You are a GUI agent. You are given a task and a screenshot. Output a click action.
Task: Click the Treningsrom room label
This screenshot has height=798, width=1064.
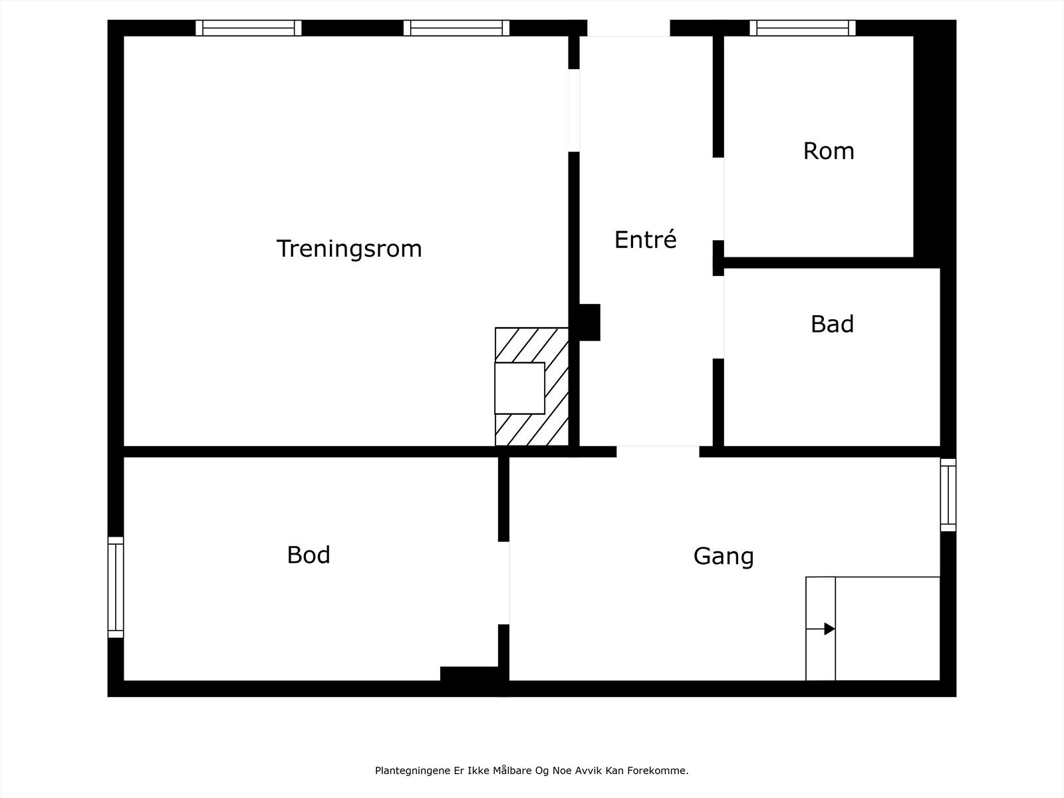(x=349, y=249)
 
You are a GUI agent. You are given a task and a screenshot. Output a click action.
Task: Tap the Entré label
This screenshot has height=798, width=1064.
(x=645, y=239)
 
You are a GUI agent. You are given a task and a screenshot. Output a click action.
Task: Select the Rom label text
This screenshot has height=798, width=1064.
(x=828, y=151)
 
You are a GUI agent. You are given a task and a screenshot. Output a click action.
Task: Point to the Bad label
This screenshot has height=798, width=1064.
(x=831, y=324)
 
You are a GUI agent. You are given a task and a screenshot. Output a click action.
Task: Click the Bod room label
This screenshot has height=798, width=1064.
(x=309, y=555)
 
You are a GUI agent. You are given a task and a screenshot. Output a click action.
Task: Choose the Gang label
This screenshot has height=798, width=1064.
(x=724, y=556)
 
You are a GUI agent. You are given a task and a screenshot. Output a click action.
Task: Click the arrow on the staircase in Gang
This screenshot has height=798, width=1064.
(x=829, y=628)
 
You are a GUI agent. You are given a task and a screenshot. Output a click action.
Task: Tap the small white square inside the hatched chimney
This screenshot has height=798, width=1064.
(x=519, y=388)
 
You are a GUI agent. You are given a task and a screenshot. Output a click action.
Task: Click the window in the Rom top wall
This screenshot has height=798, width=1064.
(x=803, y=28)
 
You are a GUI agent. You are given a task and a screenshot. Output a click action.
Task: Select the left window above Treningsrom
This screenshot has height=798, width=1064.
(x=249, y=28)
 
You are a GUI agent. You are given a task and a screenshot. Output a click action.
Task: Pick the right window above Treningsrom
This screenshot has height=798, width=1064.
(x=456, y=28)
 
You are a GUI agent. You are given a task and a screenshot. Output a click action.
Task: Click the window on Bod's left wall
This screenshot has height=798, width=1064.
(x=116, y=587)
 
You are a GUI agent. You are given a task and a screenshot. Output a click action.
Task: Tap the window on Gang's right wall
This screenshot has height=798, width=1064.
(x=948, y=495)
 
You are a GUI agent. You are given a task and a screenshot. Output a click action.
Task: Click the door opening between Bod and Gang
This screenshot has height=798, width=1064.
(x=504, y=583)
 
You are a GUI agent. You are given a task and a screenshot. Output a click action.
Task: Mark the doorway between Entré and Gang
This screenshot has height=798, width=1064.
(x=658, y=451)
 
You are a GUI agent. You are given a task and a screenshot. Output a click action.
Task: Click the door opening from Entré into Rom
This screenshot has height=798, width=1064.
(x=718, y=199)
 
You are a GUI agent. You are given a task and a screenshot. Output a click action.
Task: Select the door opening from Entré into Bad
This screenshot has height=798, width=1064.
(x=718, y=317)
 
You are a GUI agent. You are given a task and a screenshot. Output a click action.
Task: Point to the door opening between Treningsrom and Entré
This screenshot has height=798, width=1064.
(x=574, y=110)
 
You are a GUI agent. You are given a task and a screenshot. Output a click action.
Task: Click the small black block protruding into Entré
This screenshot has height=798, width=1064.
(x=590, y=323)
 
